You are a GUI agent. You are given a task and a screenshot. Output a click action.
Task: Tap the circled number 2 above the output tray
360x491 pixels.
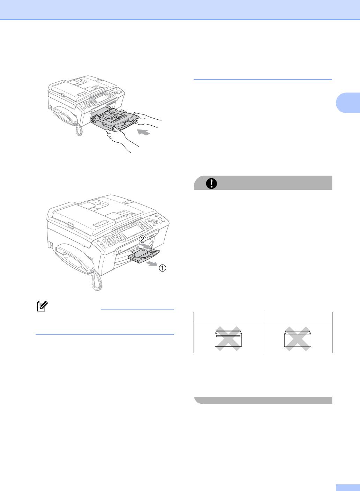pos(142,239)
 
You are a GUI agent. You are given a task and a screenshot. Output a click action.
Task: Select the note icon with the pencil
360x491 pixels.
pos(43,306)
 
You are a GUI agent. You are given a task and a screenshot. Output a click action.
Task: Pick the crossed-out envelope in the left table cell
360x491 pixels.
pos(228,339)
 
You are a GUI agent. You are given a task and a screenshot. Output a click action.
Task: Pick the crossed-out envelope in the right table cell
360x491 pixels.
pos(297,339)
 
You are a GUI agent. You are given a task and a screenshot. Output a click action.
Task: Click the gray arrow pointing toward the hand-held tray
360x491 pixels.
pos(144,132)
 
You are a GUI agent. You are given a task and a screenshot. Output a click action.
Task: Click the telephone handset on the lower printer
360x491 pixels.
pos(75,258)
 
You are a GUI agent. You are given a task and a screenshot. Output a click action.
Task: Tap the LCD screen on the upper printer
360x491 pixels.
pos(100,99)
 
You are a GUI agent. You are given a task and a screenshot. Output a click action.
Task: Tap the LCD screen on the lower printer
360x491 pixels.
pos(131,231)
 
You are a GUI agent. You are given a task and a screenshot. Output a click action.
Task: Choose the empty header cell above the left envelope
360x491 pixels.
pos(228,316)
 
